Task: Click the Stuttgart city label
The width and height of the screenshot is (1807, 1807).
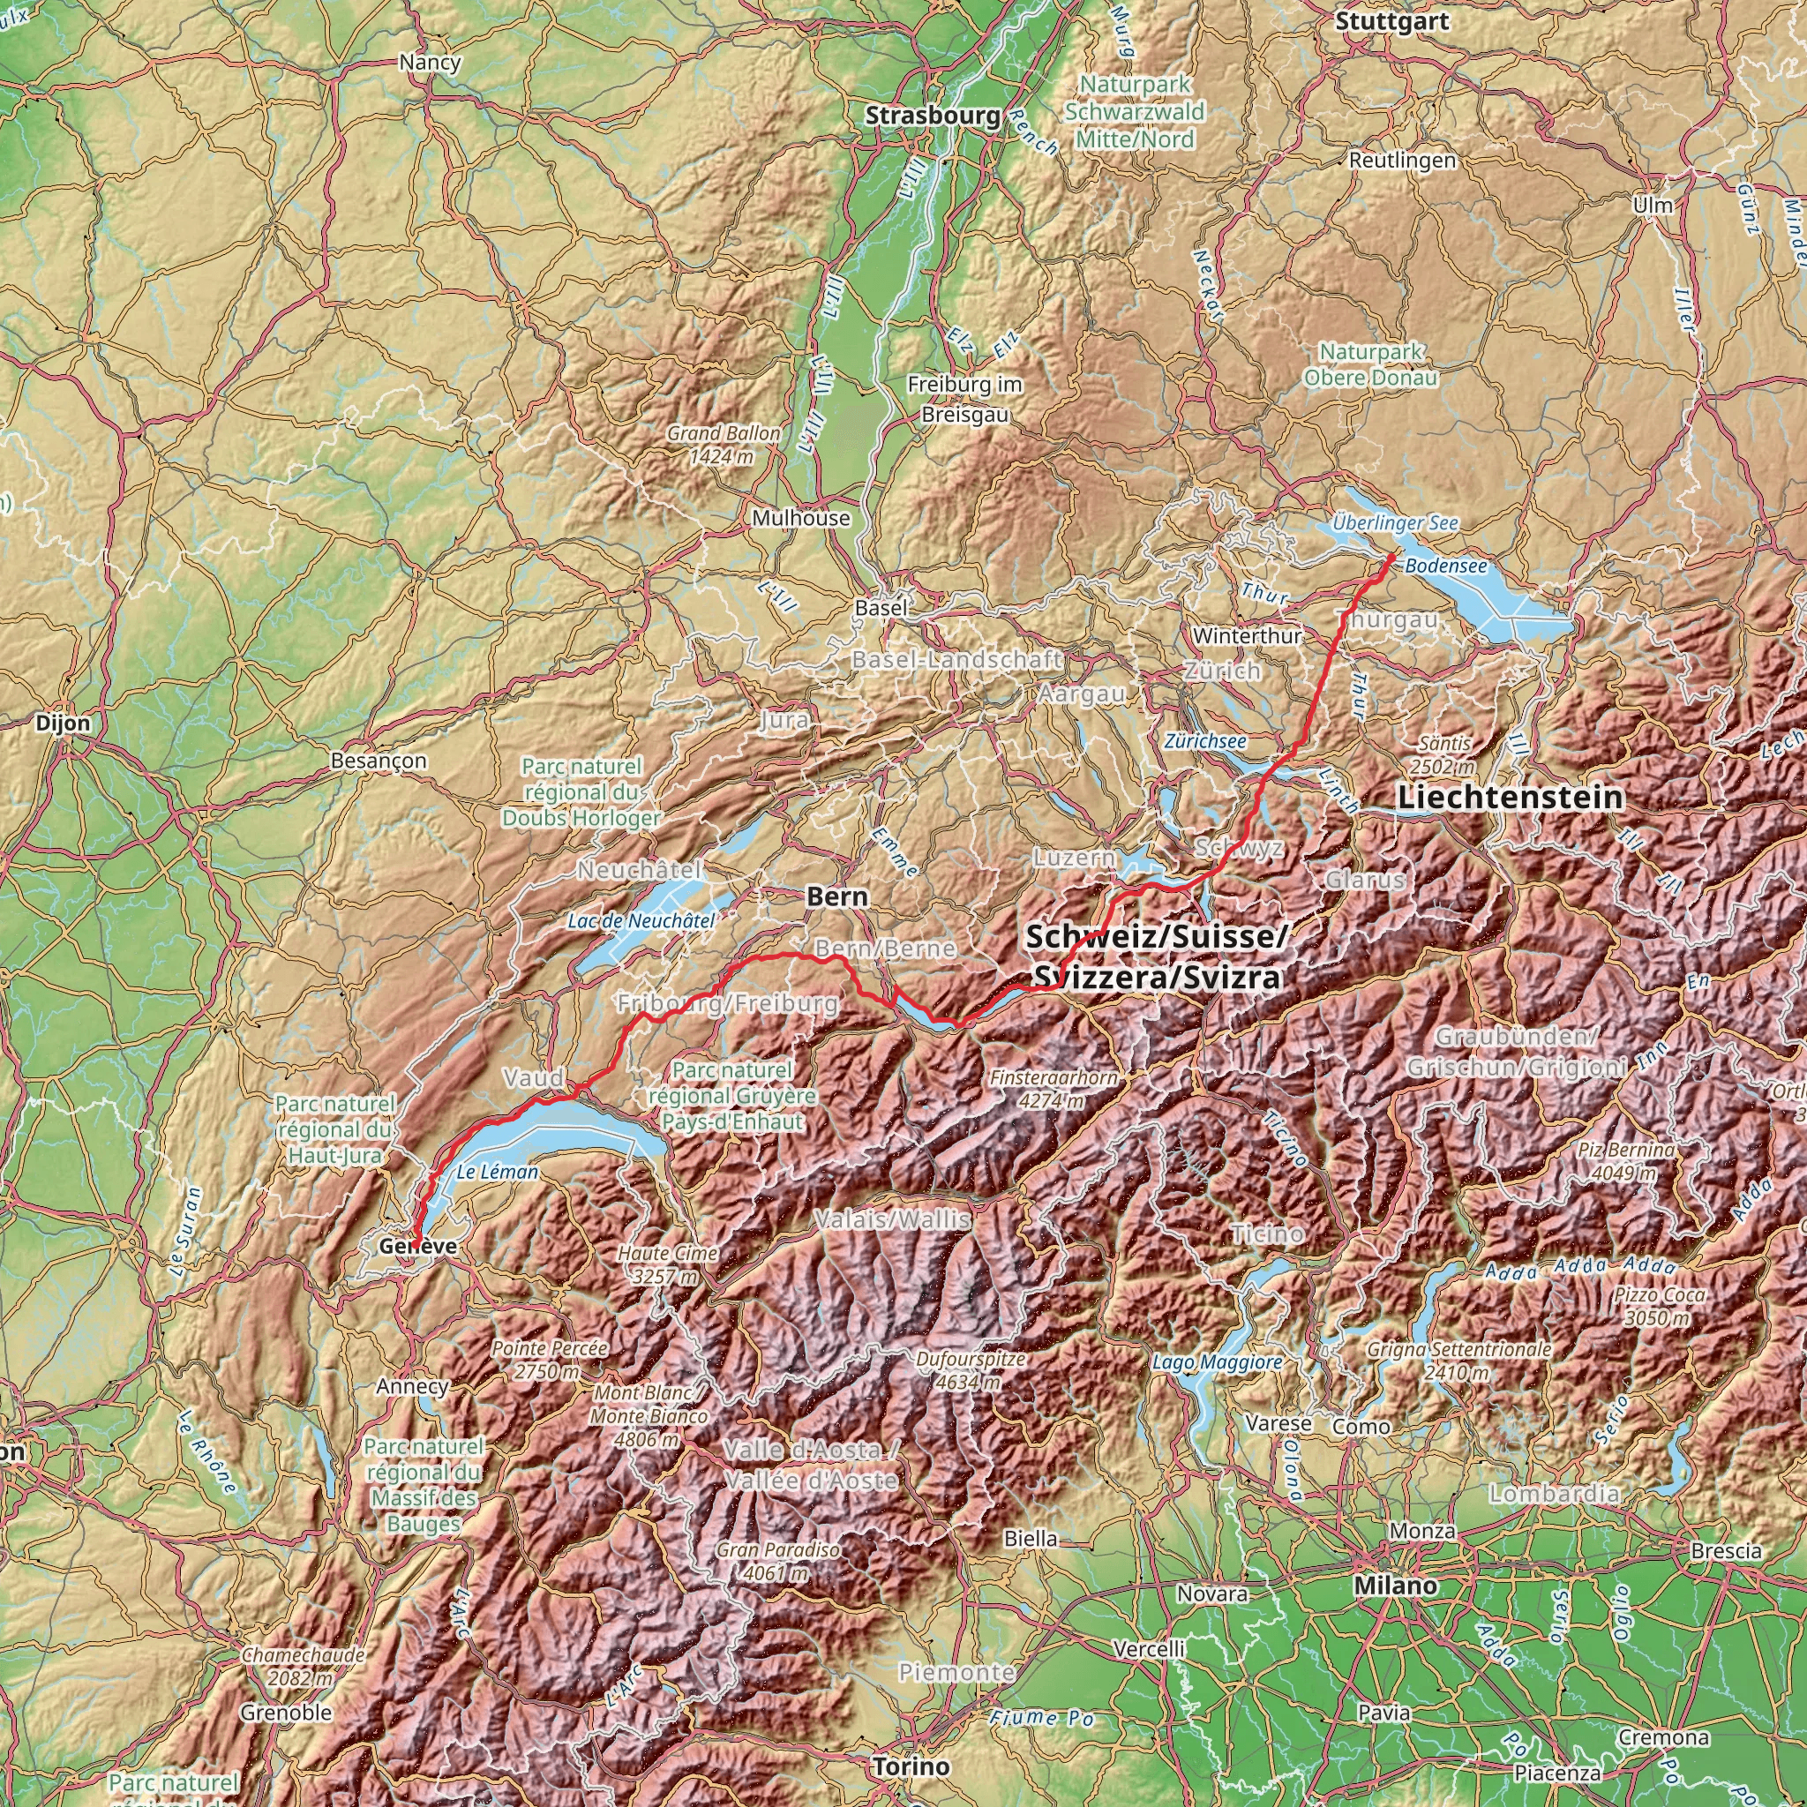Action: point(1391,21)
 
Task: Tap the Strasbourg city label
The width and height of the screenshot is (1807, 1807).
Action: point(933,116)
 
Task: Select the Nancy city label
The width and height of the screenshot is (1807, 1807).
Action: point(430,63)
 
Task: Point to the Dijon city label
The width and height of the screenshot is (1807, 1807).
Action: point(64,723)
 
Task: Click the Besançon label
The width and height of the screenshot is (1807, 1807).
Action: point(379,761)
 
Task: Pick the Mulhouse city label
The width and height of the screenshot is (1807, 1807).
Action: point(801,518)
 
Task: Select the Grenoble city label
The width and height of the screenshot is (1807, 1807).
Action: point(286,1713)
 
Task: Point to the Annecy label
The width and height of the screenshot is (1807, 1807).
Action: point(412,1386)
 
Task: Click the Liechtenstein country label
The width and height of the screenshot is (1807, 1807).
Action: point(1511,797)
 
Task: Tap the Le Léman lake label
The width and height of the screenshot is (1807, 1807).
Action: point(498,1172)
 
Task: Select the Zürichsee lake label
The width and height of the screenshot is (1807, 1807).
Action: point(1204,741)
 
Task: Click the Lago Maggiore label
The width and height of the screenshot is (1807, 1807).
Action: point(1217,1362)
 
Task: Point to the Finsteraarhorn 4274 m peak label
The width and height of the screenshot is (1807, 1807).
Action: point(1054,1089)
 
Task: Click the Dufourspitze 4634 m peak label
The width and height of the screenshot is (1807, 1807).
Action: point(971,1370)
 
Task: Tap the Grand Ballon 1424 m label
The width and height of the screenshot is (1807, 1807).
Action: point(723,445)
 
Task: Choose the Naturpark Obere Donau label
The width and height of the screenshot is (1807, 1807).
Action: point(1371,364)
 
